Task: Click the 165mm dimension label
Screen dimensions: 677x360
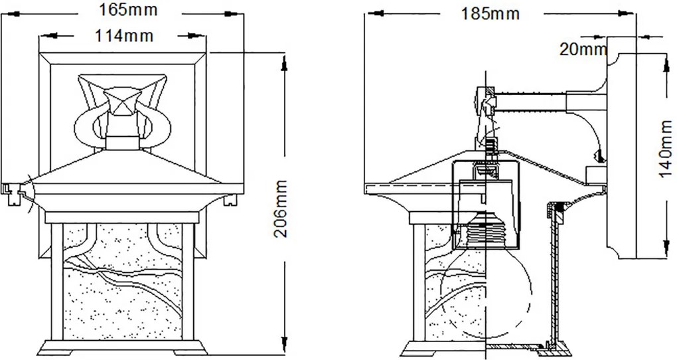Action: pyautogui.click(x=128, y=9)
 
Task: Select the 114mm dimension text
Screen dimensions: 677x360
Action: pyautogui.click(x=124, y=35)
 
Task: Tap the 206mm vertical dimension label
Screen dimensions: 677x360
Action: pyautogui.click(x=281, y=209)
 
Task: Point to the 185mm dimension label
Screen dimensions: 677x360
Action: pyautogui.click(x=490, y=14)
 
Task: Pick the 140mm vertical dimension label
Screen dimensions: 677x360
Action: pyautogui.click(x=665, y=149)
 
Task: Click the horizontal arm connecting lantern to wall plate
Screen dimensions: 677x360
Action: pyautogui.click(x=531, y=102)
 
